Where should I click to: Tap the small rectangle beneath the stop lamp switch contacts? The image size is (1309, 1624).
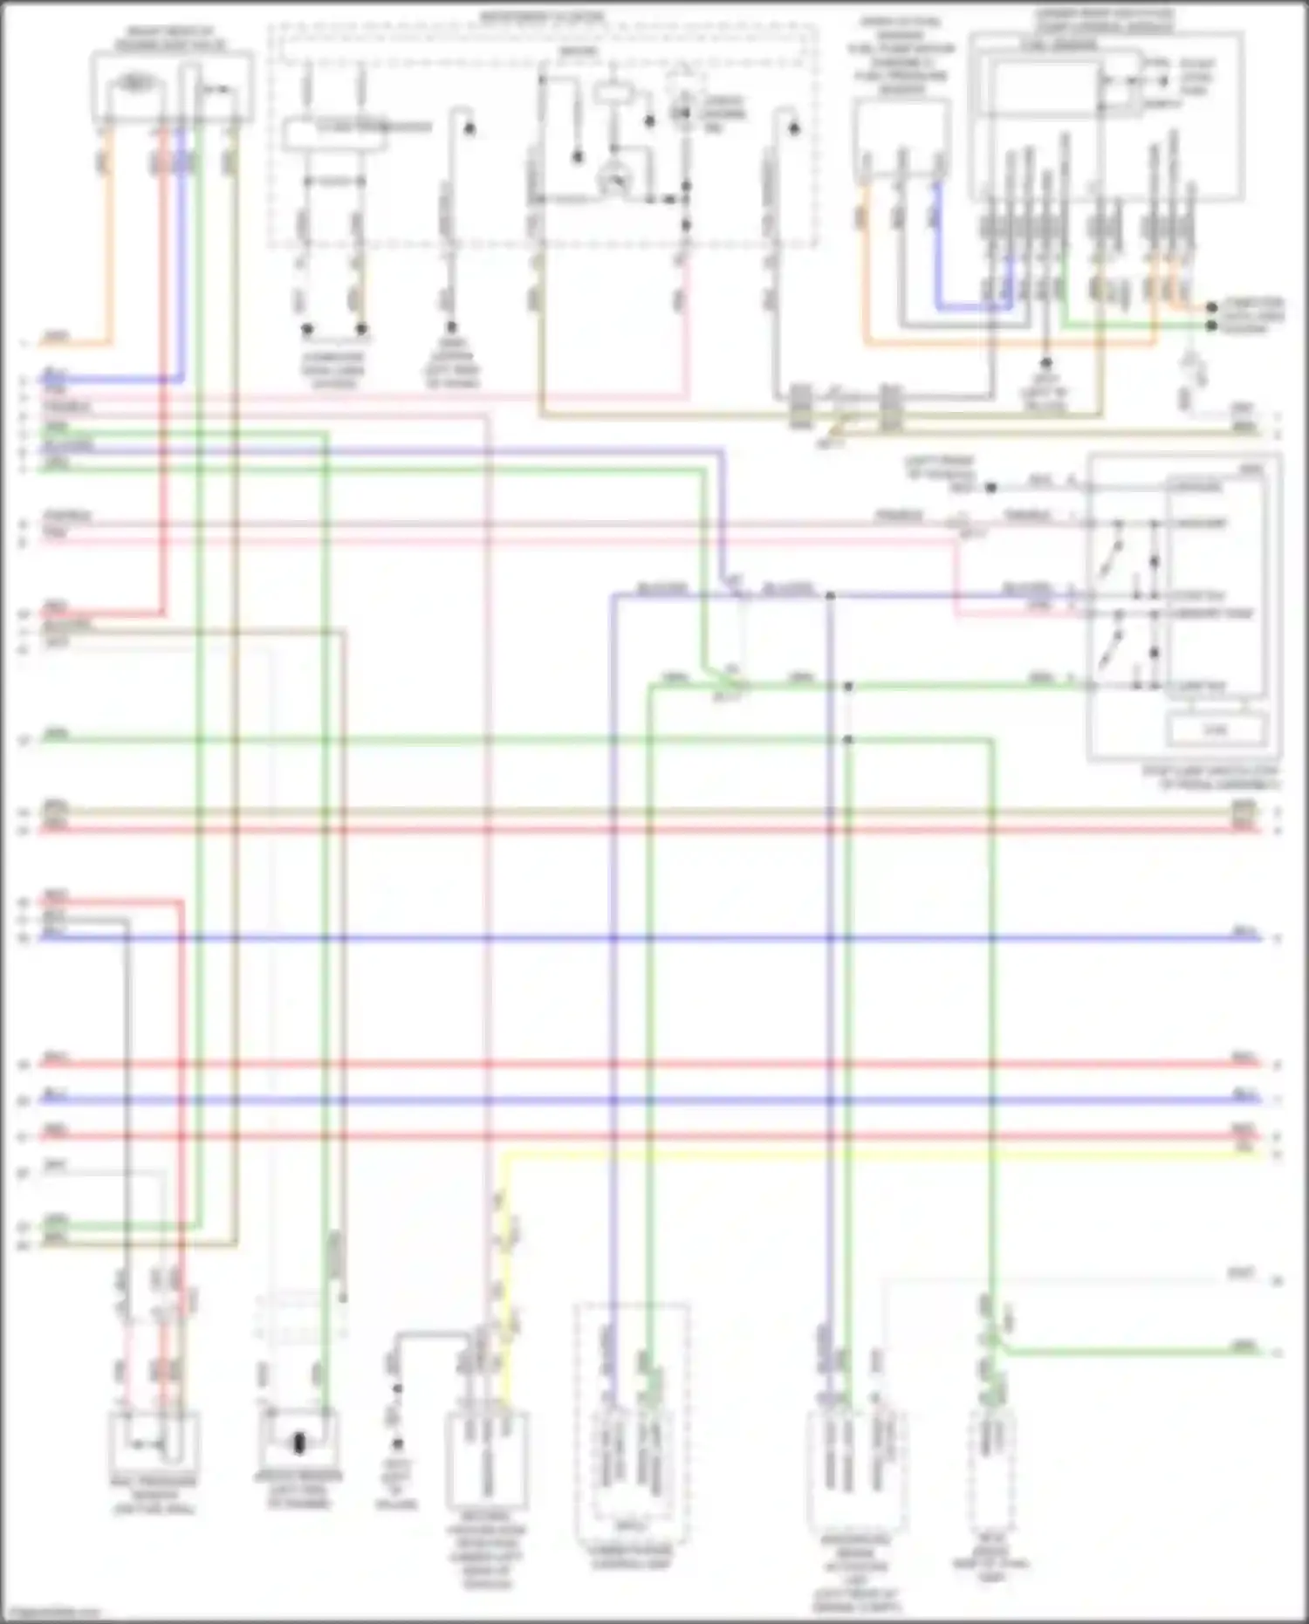1215,729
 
